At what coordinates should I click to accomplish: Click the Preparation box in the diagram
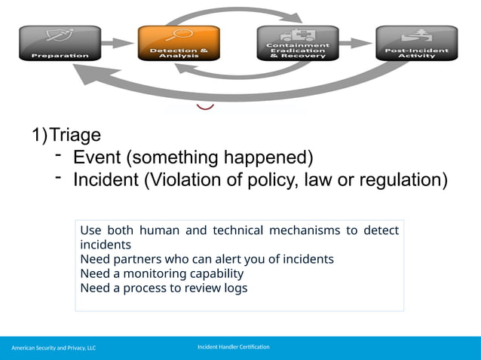(59, 43)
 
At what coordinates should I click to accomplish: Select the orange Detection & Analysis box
(179, 43)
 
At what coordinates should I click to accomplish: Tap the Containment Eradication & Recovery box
(298, 43)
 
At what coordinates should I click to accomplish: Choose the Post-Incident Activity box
(416, 43)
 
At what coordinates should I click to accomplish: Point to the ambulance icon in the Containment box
(298, 34)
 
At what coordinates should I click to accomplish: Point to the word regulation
(405, 181)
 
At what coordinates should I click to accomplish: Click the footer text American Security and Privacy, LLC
(54, 348)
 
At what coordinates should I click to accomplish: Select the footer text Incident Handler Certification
(233, 346)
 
